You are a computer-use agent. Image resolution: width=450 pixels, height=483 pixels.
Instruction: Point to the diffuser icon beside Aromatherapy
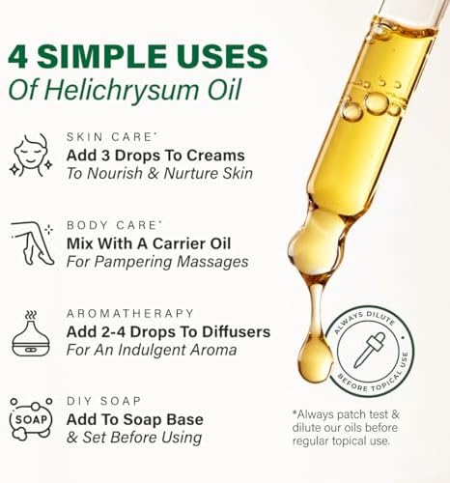[x=32, y=333]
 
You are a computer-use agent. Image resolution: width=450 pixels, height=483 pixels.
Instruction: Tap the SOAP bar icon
[x=32, y=418]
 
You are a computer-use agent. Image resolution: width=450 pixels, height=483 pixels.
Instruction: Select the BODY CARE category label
[x=106, y=224]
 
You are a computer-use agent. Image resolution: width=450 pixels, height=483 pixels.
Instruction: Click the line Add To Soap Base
[x=134, y=419]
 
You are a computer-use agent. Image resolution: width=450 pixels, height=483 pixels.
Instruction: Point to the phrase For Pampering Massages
[x=157, y=262]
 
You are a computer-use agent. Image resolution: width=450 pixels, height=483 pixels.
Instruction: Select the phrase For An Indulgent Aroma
[x=152, y=351]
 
